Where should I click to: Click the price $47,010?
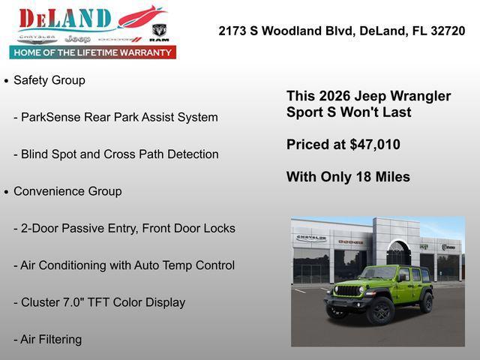pyautogui.click(x=375, y=145)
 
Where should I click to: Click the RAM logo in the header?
pyautogui.click(x=159, y=32)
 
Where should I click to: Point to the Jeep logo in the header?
pyautogui.click(x=77, y=38)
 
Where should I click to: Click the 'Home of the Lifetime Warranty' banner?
pyautogui.click(x=93, y=52)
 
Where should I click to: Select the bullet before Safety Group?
pyautogui.click(x=6, y=80)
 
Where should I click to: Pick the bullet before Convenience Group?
pyautogui.click(x=6, y=192)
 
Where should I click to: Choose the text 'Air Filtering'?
pyautogui.click(x=51, y=340)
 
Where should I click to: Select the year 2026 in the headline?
pyautogui.click(x=334, y=96)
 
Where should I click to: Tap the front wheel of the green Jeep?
pyautogui.click(x=379, y=310)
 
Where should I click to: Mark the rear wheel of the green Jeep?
pyautogui.click(x=427, y=302)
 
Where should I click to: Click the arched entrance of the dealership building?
pyautogui.click(x=397, y=253)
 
